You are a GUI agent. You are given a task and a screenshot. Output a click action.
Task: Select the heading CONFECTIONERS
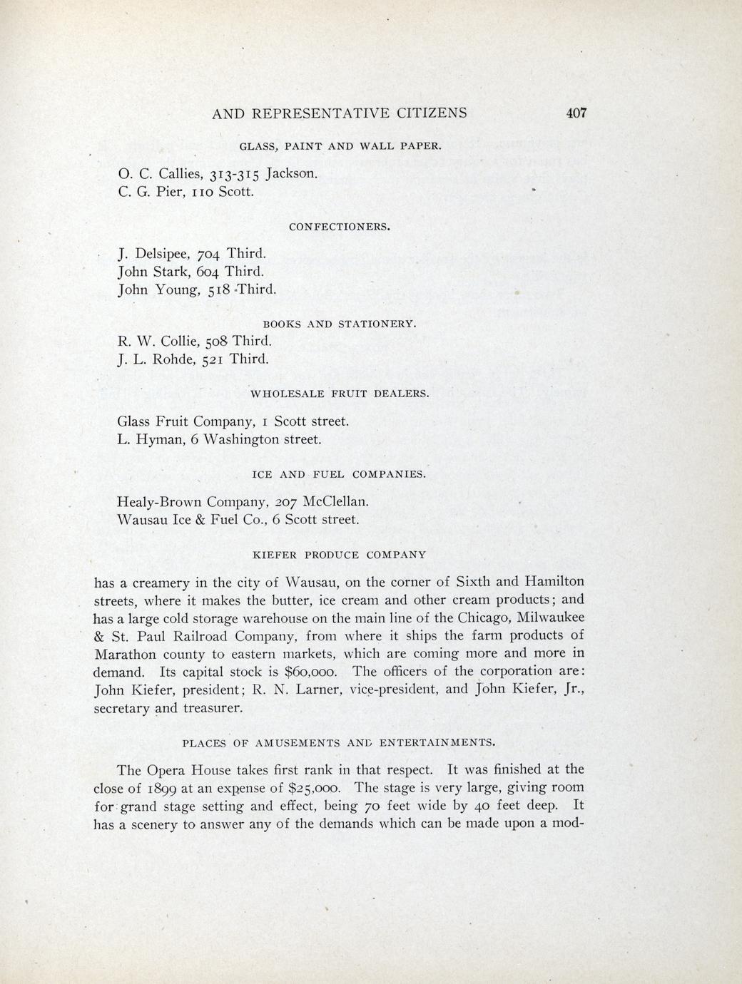pyautogui.click(x=340, y=227)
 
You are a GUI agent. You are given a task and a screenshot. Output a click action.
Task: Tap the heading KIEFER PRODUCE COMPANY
pyautogui.click(x=340, y=554)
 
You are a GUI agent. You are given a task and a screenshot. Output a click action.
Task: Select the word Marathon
pyautogui.click(x=126, y=654)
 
